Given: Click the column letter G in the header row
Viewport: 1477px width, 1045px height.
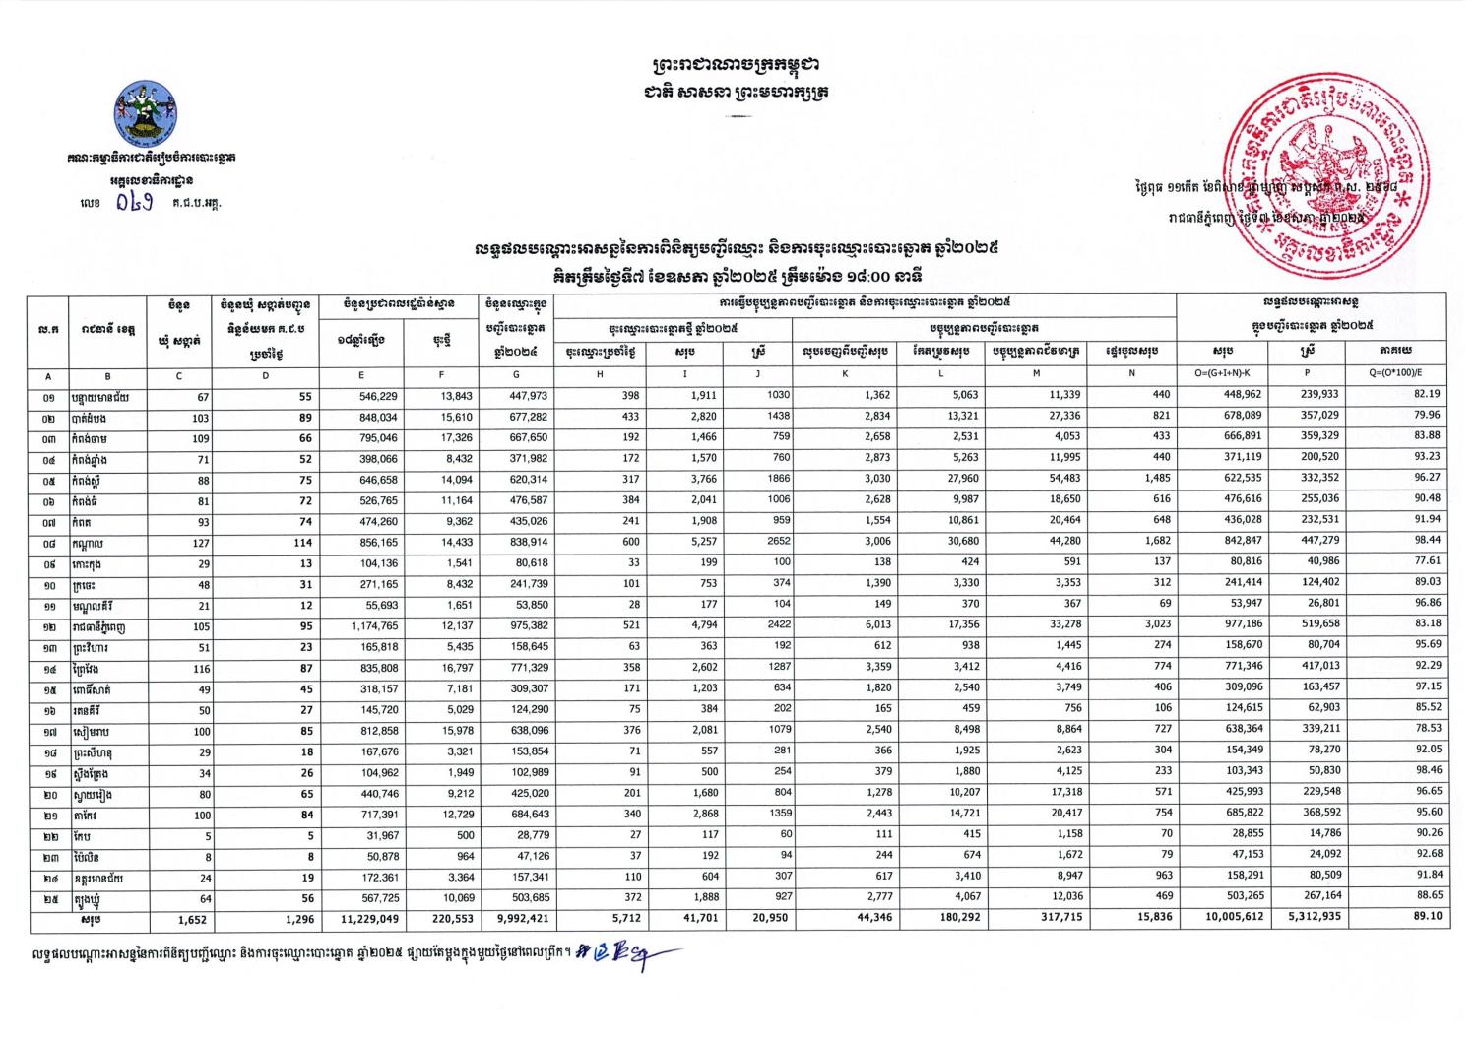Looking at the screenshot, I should tap(515, 375).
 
